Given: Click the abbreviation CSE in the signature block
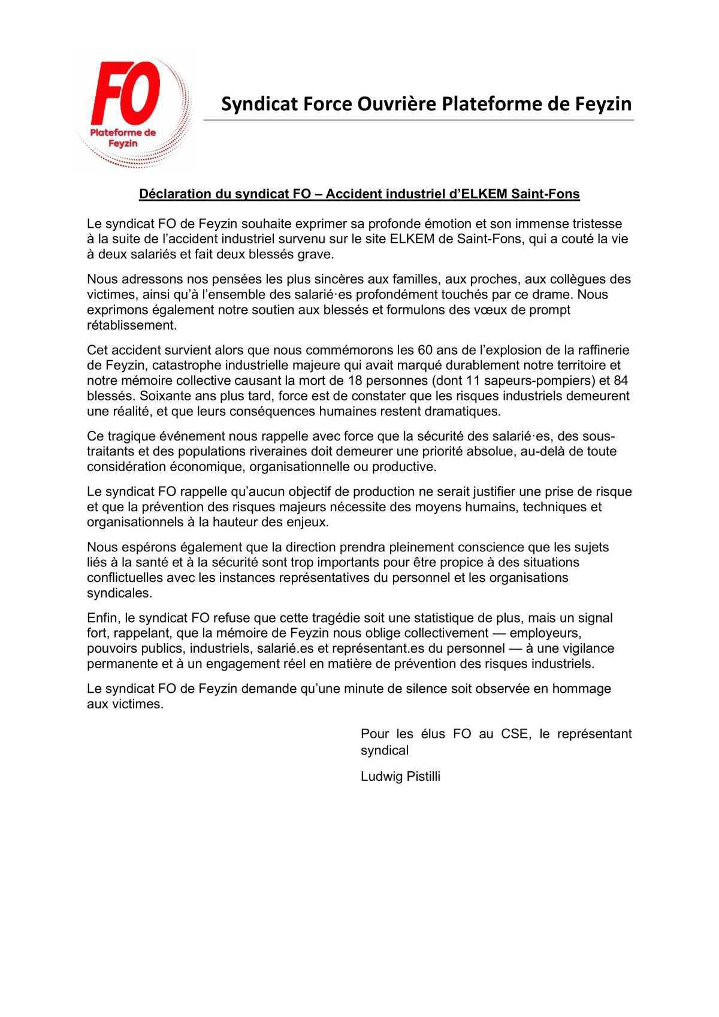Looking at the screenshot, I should (515, 734).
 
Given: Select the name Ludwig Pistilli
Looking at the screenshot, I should (400, 777).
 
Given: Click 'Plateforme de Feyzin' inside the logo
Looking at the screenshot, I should (123, 138).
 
